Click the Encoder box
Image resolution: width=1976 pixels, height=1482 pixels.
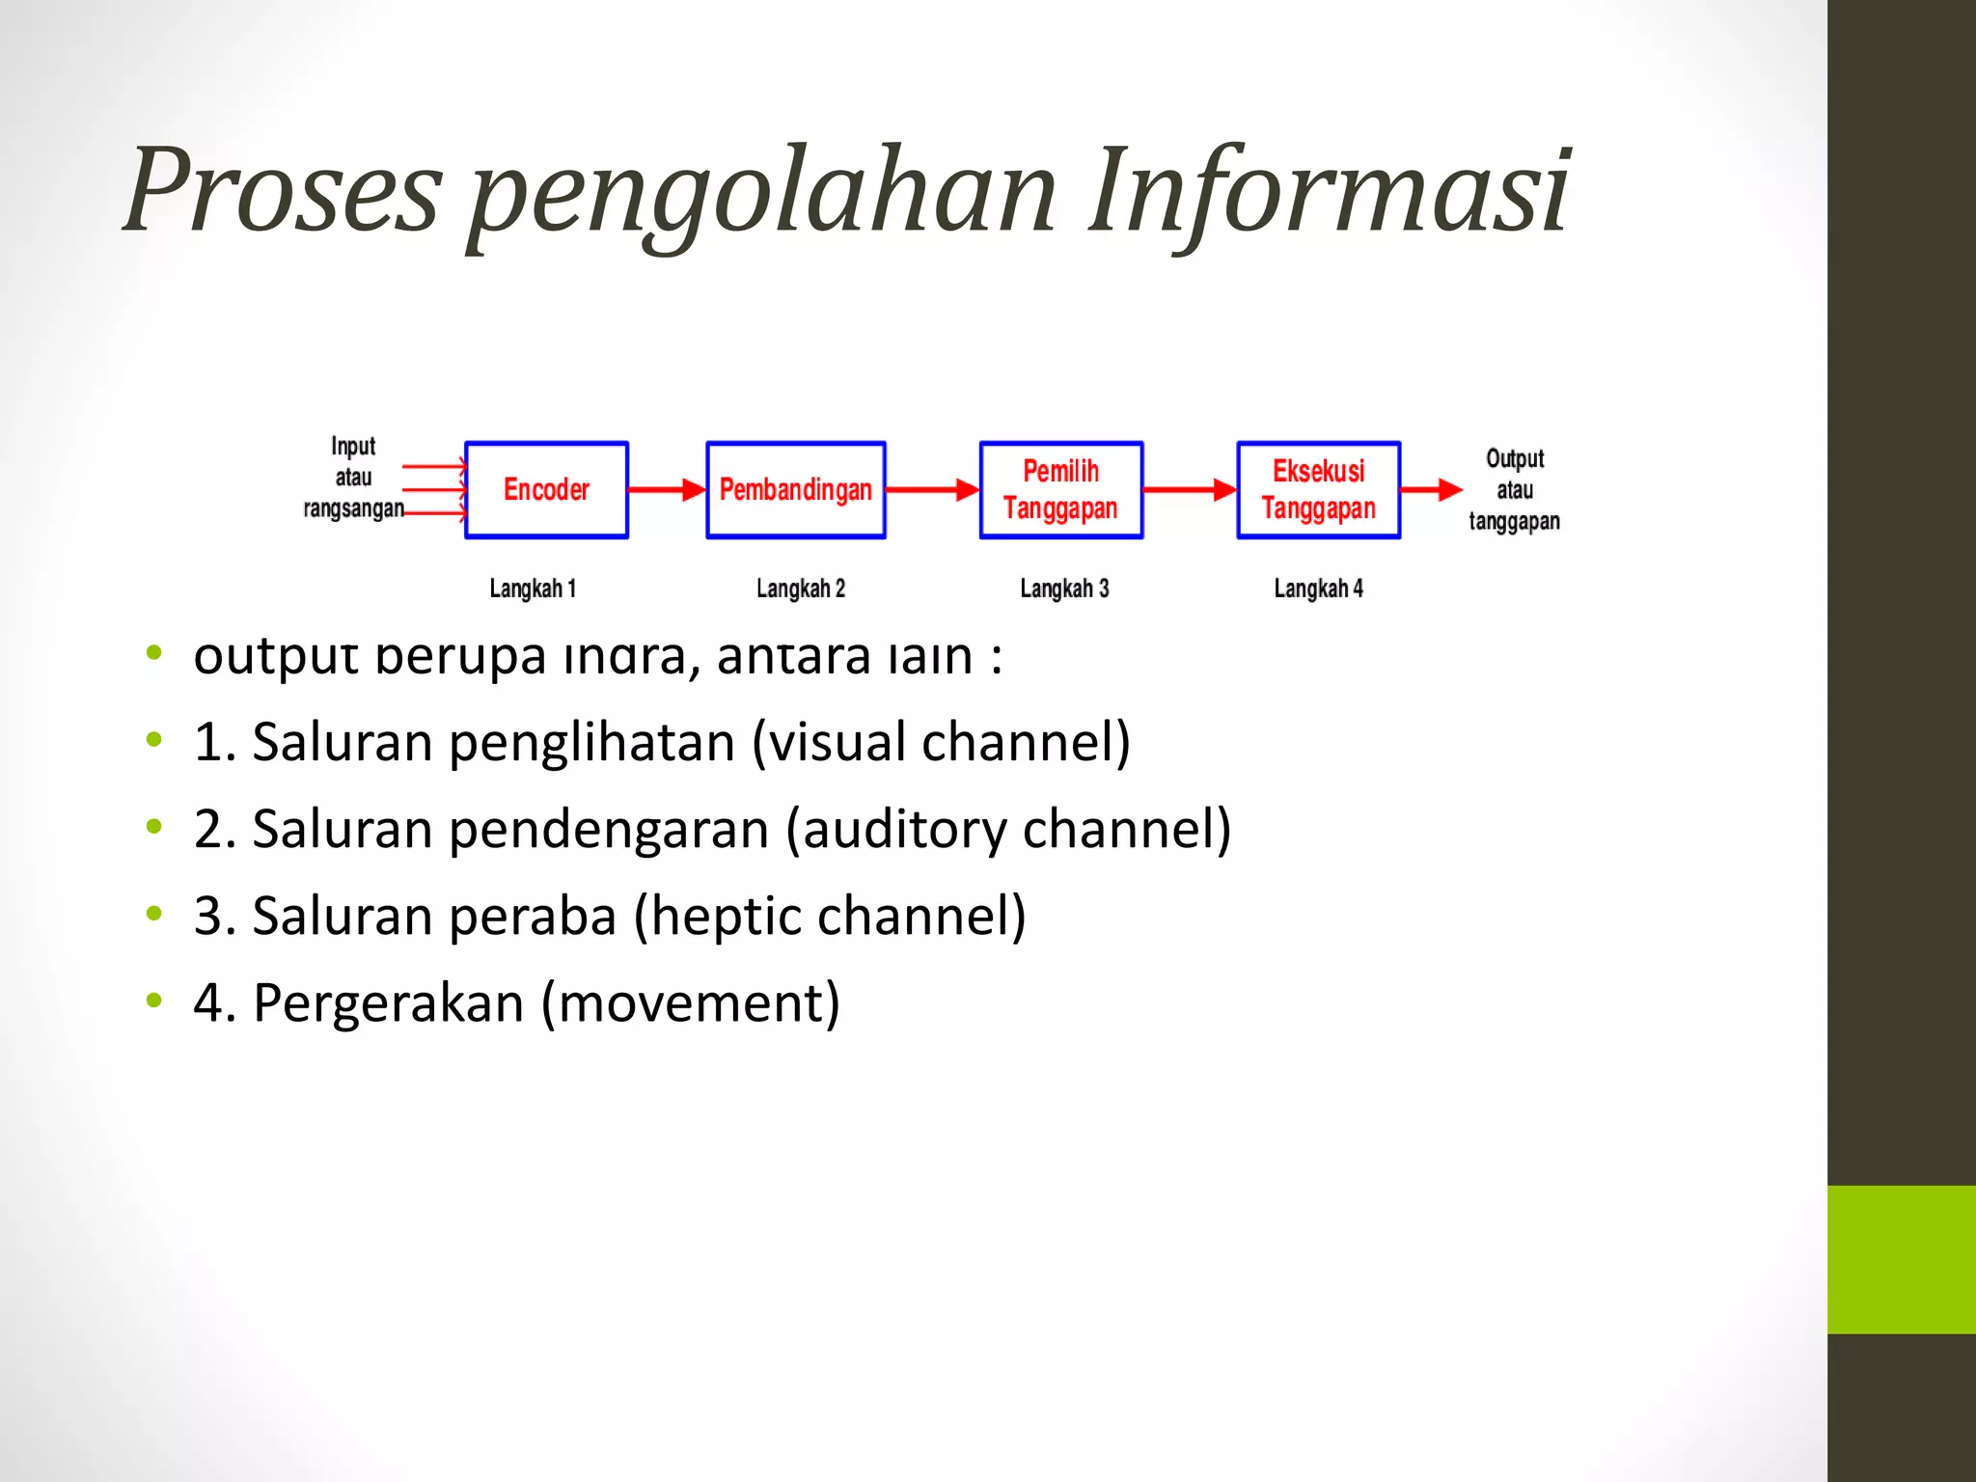click(x=546, y=490)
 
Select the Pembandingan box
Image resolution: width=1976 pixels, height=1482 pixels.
click(x=796, y=490)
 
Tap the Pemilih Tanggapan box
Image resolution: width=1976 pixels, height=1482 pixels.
click(x=1061, y=490)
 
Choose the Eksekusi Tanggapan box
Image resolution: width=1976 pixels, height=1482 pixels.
click(x=1319, y=490)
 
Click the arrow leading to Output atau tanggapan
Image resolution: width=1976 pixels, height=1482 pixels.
click(x=1433, y=490)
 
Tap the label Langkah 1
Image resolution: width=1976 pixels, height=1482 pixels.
click(x=533, y=589)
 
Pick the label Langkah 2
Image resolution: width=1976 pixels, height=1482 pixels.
click(x=801, y=589)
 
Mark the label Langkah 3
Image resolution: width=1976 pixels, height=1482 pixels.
click(x=1065, y=589)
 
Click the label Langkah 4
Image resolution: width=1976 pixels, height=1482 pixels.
click(x=1319, y=589)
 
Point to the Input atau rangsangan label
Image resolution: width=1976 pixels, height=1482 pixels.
click(x=353, y=478)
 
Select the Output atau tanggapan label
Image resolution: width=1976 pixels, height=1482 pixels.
click(x=1515, y=490)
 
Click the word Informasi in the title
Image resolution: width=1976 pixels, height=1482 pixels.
click(x=1330, y=190)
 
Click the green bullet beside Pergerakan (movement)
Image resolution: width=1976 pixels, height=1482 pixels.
click(x=154, y=1001)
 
